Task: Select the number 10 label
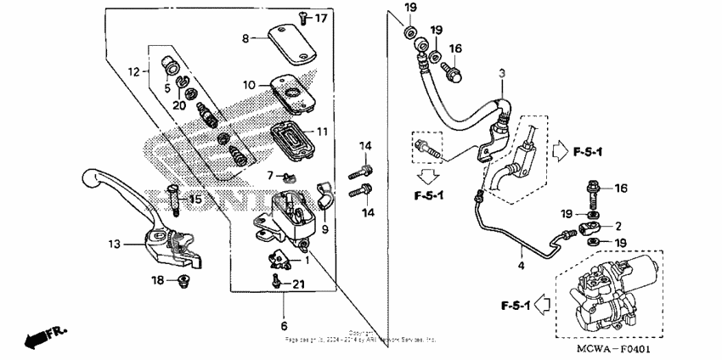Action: coord(249,85)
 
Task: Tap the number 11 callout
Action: coord(321,132)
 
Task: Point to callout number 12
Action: coord(133,73)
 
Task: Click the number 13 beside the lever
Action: coord(114,245)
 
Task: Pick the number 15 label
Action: coord(195,200)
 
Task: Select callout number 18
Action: coord(157,279)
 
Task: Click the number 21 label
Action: coord(298,284)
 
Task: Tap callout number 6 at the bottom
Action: coord(285,325)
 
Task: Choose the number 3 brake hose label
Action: coord(502,73)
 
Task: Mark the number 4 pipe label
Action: coord(519,265)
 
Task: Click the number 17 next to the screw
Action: coord(321,18)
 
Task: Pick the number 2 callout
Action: coord(618,227)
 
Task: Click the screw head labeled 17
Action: coord(303,16)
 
